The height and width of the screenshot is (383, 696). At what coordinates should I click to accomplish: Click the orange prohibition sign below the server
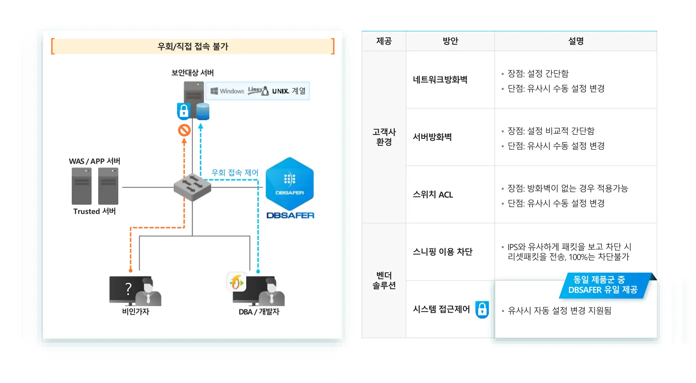tap(184, 130)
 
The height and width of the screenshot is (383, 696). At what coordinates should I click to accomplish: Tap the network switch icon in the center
tap(192, 187)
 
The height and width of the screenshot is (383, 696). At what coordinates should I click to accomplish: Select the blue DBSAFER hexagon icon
tap(290, 183)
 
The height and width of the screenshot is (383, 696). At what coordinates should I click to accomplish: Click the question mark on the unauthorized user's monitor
tap(128, 288)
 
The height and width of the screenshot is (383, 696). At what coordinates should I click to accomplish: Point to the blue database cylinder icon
tap(202, 111)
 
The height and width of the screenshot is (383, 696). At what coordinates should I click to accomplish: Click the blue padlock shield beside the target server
tap(184, 111)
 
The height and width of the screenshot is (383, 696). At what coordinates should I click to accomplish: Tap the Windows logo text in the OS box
tap(227, 91)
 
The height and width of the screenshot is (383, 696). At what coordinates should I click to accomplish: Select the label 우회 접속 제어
tap(235, 173)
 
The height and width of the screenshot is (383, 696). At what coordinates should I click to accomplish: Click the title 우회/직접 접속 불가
tap(193, 46)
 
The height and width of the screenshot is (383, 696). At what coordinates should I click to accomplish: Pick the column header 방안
tap(450, 41)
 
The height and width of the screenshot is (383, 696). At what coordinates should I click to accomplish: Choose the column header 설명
tap(576, 41)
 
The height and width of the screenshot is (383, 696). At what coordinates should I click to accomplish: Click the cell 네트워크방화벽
tap(440, 80)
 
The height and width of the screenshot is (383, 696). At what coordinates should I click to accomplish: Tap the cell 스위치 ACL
tap(433, 195)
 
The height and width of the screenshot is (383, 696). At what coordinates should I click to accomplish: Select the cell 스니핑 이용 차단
tap(442, 252)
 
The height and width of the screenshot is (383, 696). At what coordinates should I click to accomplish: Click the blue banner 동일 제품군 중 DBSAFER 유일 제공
tap(603, 285)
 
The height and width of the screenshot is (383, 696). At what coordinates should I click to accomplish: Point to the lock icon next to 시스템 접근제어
tap(482, 309)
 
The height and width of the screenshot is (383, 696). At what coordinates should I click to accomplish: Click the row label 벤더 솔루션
tap(384, 280)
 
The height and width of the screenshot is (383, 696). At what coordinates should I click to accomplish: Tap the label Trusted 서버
tap(94, 211)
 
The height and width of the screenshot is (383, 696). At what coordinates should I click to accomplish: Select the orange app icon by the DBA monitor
tap(236, 283)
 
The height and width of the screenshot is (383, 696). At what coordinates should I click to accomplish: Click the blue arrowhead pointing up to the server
tap(201, 126)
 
